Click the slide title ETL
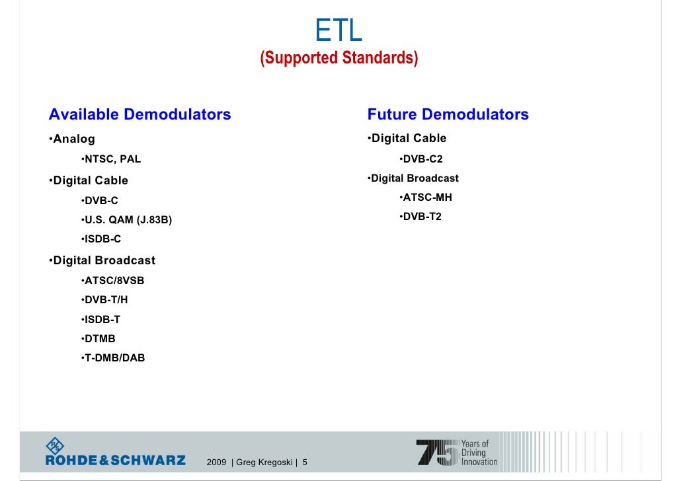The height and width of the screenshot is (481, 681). (339, 30)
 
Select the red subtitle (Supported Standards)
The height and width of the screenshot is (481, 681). (339, 58)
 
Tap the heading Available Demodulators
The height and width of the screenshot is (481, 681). (140, 114)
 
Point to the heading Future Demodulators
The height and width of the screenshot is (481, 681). (448, 114)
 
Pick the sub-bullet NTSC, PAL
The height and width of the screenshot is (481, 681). (112, 159)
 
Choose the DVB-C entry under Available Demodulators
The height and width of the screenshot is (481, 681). (101, 200)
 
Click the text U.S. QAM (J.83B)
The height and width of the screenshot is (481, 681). (128, 220)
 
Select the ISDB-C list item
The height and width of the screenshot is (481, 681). (102, 239)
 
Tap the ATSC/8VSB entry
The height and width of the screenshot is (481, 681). (114, 280)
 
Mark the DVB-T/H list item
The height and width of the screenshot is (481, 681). (106, 299)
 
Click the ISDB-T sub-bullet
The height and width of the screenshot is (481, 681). (102, 319)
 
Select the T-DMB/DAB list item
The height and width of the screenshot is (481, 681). (114, 357)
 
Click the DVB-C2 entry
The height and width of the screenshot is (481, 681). (422, 159)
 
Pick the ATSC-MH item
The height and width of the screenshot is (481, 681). (427, 198)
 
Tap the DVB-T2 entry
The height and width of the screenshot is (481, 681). (422, 217)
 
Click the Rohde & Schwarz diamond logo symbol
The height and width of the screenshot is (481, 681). (56, 445)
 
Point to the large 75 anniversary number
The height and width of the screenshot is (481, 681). (437, 453)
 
